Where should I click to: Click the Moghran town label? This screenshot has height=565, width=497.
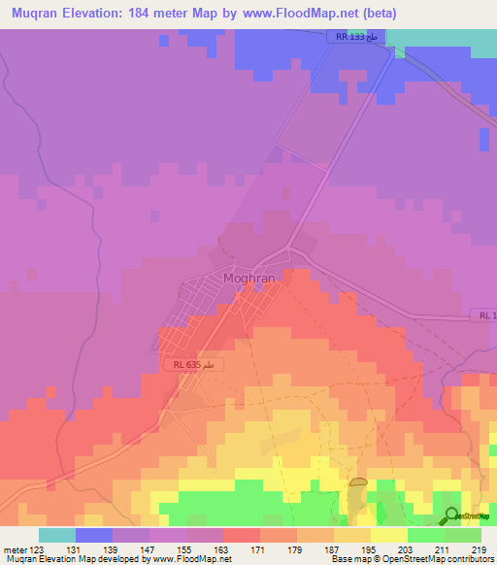click(x=249, y=278)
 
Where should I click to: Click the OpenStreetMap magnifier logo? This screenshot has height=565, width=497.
click(x=452, y=515)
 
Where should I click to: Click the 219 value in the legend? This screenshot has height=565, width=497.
click(x=477, y=548)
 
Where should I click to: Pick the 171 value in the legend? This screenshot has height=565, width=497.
click(x=257, y=548)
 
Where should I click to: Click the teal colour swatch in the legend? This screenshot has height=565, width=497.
click(x=57, y=535)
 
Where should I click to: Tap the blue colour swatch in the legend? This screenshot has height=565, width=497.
click(x=94, y=535)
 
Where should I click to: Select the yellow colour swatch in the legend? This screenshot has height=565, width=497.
click(x=388, y=535)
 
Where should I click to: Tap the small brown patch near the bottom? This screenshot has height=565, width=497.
click(x=358, y=482)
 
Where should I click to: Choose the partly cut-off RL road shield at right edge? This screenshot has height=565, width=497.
click(x=485, y=316)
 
